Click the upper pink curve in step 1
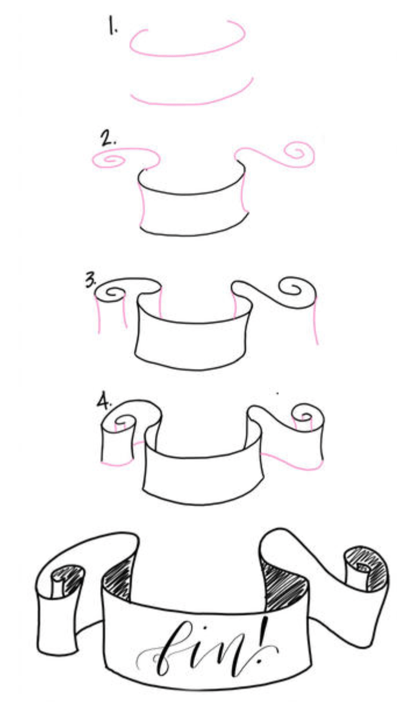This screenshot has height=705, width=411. pos(186,53)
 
